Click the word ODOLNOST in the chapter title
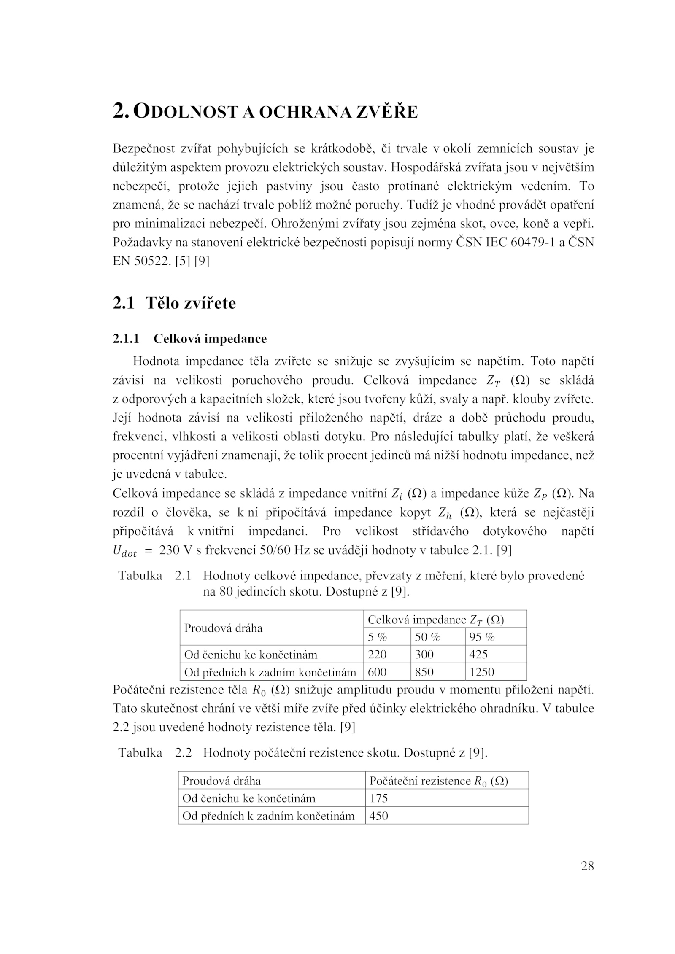[x=187, y=112]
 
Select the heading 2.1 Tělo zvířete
[x=174, y=303]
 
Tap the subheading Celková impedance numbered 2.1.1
[x=210, y=339]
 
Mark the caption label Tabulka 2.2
[x=155, y=752]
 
